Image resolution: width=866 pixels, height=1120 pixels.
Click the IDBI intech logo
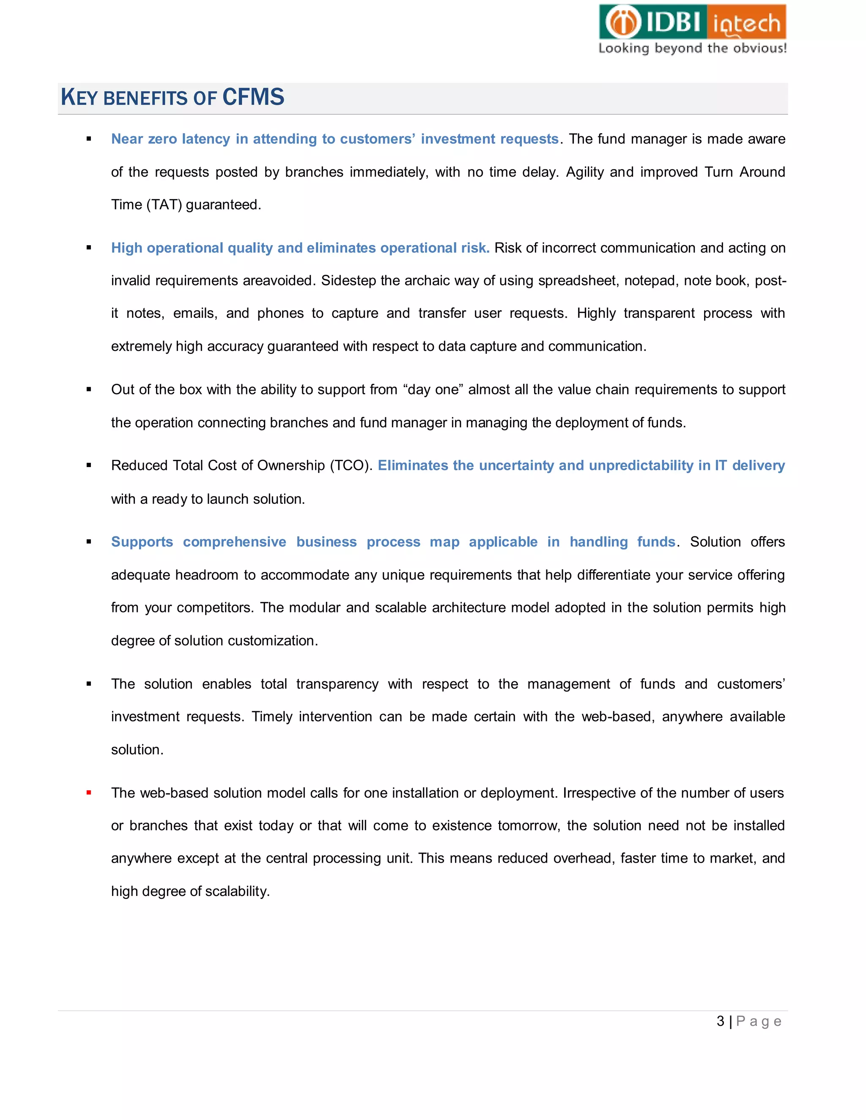[x=692, y=22]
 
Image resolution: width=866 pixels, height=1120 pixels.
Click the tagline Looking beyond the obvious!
[x=692, y=48]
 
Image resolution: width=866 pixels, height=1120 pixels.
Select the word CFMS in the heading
[x=253, y=97]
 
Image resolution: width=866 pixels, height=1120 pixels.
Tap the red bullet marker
[x=89, y=793]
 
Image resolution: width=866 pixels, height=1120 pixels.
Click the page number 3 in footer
[x=720, y=1021]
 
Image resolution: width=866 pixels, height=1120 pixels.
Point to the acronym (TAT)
[x=164, y=205]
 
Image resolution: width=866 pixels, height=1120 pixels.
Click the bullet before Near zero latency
[x=89, y=139]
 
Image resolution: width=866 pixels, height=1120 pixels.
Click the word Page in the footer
[x=758, y=1021]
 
